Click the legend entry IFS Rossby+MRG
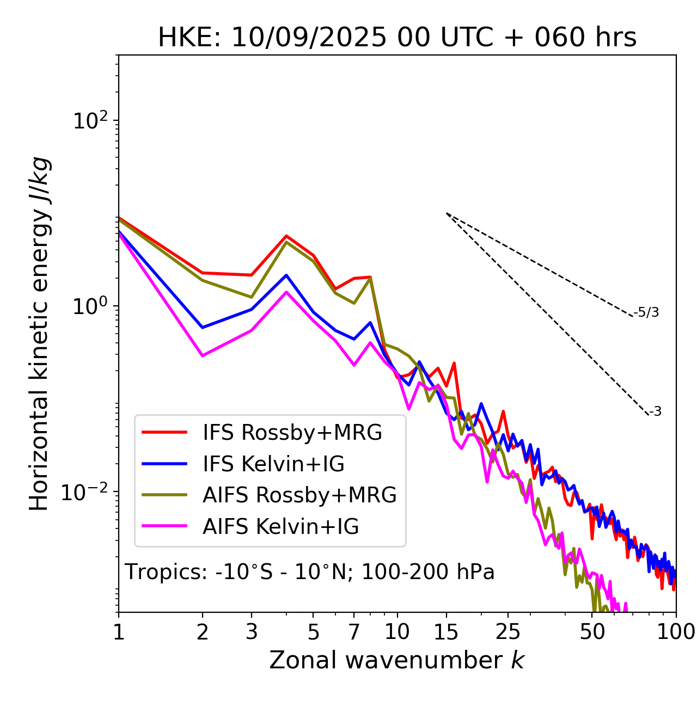(x=292, y=433)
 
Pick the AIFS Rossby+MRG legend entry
(x=299, y=495)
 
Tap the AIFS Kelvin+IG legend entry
(x=280, y=527)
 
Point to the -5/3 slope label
(x=646, y=313)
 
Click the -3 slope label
(x=655, y=412)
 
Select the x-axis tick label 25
(x=508, y=632)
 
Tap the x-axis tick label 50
(x=592, y=632)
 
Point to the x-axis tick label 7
(x=354, y=632)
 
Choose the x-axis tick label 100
(x=676, y=632)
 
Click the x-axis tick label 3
(x=252, y=632)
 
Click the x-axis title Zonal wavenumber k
(x=397, y=661)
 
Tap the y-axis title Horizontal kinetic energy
(x=39, y=334)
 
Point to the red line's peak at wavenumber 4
(x=286, y=236)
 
